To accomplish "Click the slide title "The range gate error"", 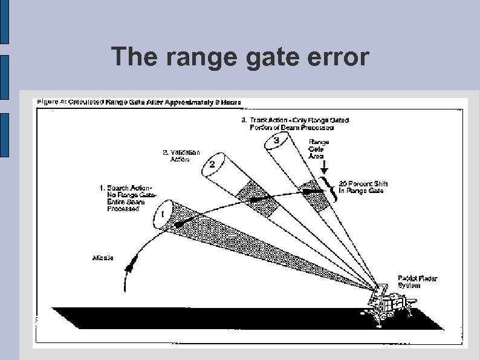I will pyautogui.click(x=240, y=57).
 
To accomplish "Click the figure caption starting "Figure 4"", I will pyautogui.click(x=139, y=102).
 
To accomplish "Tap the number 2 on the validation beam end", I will pyautogui.click(x=212, y=165).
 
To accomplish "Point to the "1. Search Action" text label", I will pyautogui.click(x=123, y=198).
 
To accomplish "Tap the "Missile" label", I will pyautogui.click(x=103, y=258).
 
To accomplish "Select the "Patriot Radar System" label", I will pyautogui.click(x=417, y=282).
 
